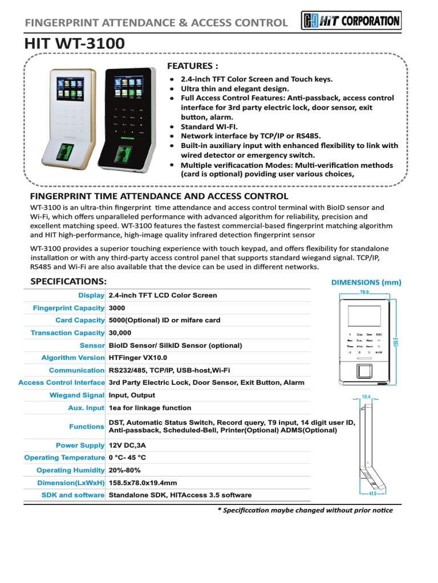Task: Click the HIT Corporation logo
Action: click(351, 21)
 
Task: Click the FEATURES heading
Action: click(192, 66)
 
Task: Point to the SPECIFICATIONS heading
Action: click(68, 281)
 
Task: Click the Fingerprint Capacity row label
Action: click(68, 307)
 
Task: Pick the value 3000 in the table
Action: click(117, 307)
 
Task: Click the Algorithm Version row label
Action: click(72, 358)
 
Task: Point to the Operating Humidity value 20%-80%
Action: click(124, 470)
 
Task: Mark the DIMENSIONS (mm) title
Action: click(366, 282)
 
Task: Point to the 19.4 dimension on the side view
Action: click(366, 397)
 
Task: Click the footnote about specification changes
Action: click(305, 510)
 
